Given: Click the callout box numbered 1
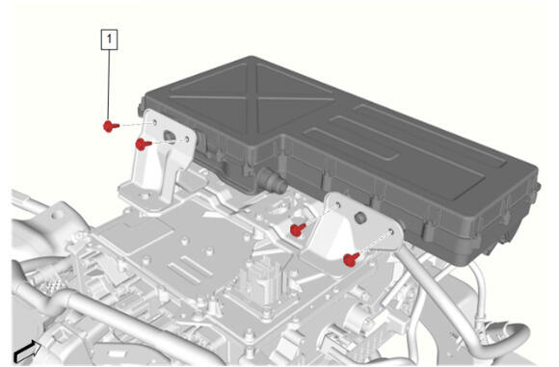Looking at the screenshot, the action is click(x=110, y=39).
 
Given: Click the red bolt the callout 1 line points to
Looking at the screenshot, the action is click(x=111, y=126).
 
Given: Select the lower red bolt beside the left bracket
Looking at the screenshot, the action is click(x=144, y=144).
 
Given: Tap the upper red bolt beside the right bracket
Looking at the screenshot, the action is click(x=298, y=229).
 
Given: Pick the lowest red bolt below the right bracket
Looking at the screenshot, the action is click(x=352, y=259).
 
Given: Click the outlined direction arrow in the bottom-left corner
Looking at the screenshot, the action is click(x=26, y=352).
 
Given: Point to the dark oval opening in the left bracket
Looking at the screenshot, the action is click(x=169, y=136).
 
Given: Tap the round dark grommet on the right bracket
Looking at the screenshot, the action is click(x=360, y=218).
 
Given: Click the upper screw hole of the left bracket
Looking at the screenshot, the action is click(x=154, y=123).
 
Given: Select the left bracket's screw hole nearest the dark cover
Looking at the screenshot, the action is click(x=187, y=139).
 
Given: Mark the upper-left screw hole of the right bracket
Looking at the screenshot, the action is click(x=337, y=205).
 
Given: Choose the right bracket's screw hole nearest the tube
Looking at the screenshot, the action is click(x=390, y=232).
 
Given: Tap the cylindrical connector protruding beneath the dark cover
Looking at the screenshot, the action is click(x=274, y=180).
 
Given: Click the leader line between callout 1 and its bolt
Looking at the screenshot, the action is click(x=110, y=86).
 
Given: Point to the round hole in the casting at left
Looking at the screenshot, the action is click(x=55, y=216).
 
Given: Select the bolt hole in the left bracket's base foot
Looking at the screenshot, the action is click(x=145, y=196).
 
